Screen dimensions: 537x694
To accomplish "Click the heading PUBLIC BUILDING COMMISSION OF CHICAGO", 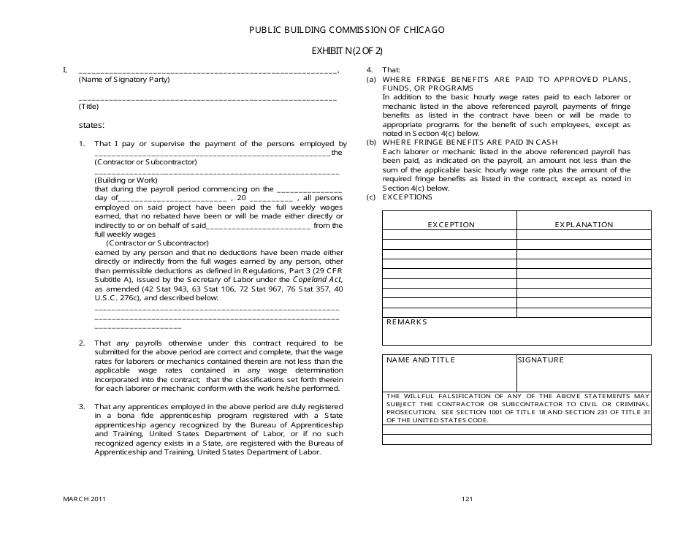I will pos(346,30).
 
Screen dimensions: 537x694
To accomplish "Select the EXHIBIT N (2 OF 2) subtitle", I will pos(346,50).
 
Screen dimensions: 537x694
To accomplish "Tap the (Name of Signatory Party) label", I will pos(123,79).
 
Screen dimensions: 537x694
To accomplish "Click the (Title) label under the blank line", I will pos(88,106).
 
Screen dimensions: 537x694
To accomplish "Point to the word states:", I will pos(91,125).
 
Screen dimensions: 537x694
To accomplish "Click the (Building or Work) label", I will pos(126,180).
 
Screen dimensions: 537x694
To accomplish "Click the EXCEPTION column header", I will pos(451,224).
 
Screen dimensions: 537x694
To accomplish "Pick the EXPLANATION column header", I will pos(584,224).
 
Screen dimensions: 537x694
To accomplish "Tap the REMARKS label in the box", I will pos(406,322).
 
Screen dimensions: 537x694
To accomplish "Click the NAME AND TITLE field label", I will pos(420,360).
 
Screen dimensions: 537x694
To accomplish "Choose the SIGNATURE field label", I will pos(541,360).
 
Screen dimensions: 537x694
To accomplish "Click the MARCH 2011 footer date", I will pos(84,499).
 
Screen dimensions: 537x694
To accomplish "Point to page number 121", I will pos(468,499).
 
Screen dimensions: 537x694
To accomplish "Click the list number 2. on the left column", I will pos(83,343).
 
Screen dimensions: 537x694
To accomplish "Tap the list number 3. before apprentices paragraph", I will pos(83,406).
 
